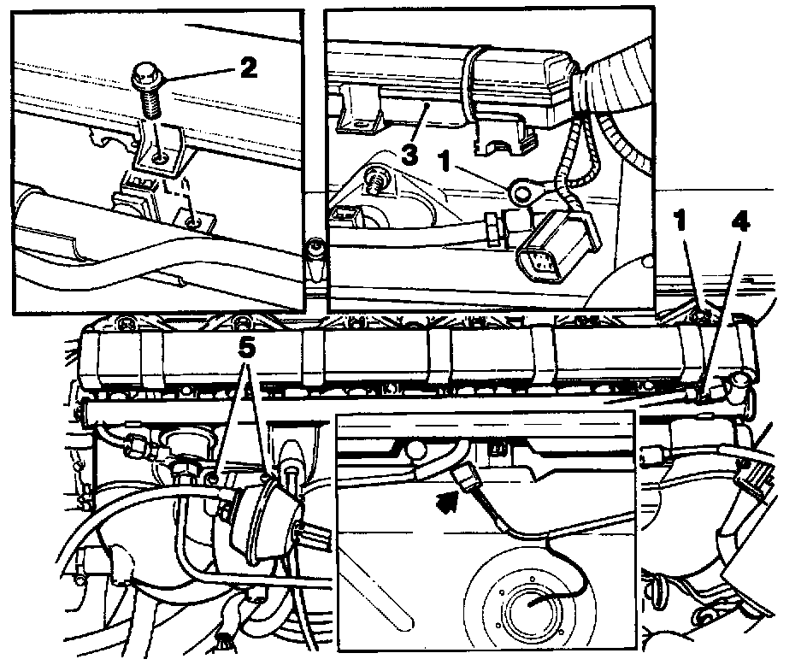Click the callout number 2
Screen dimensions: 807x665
click(249, 68)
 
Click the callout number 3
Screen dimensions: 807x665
click(409, 155)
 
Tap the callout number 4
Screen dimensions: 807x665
click(739, 222)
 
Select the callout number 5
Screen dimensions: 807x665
click(246, 349)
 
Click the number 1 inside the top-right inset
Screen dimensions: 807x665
click(445, 162)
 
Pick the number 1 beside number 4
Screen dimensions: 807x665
click(681, 222)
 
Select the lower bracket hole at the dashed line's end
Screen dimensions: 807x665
click(192, 222)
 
